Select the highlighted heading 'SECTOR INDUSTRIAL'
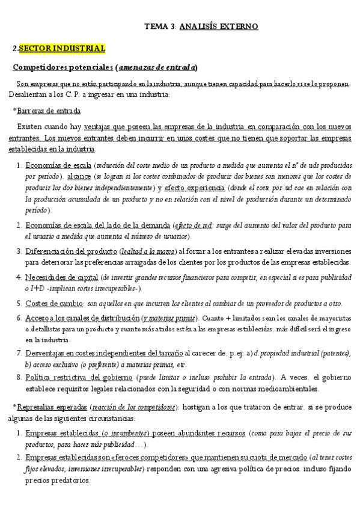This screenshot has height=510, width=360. [62, 48]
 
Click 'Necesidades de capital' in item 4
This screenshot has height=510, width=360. [62, 277]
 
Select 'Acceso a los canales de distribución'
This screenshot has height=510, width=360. [82, 318]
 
